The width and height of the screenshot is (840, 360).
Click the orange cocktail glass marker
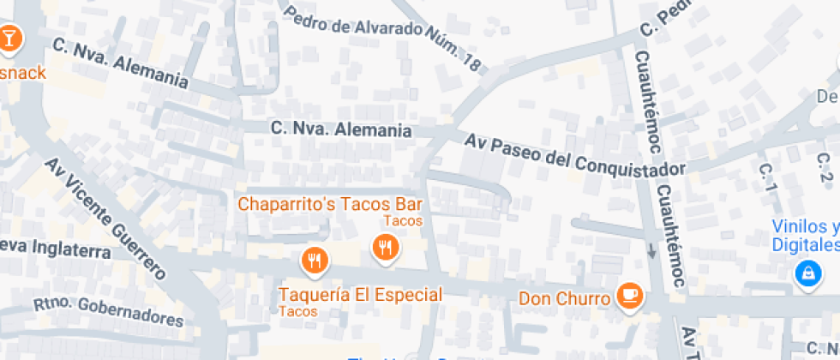(9, 38)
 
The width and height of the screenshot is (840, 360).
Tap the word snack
(23, 72)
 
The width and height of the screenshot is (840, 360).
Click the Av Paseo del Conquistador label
(575, 154)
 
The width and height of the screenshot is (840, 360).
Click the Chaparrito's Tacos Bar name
(330, 204)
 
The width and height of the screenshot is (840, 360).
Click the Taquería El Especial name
(360, 295)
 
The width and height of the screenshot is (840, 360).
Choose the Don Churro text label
(565, 299)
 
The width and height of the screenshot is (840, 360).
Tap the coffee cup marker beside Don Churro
(631, 296)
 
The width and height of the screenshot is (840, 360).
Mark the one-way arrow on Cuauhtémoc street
(651, 251)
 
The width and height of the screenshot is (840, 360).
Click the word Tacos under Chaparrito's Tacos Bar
(403, 221)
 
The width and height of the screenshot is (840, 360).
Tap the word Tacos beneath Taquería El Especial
(298, 311)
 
